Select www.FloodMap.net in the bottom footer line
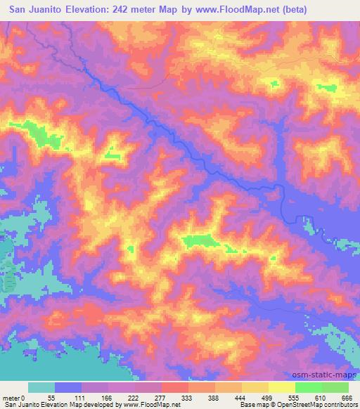click(148, 404)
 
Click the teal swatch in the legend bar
click(41, 387)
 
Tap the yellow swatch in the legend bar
click(282, 387)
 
